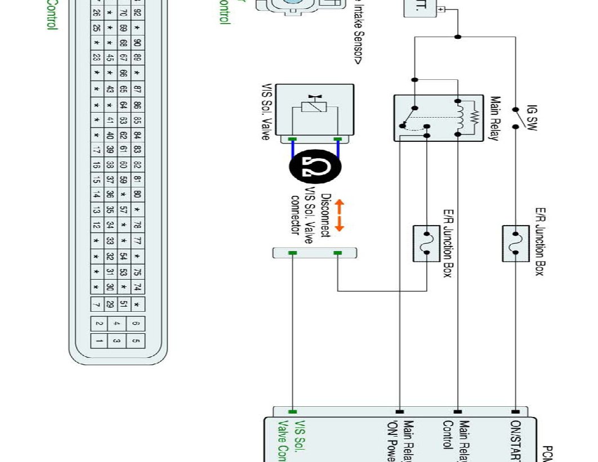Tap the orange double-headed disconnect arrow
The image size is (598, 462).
tap(339, 216)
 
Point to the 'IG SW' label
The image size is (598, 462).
tap(532, 117)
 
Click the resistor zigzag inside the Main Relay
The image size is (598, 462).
tap(474, 118)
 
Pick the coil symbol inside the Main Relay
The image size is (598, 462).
tap(461, 118)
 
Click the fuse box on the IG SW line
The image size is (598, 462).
tap(516, 243)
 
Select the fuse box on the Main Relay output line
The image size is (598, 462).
tap(426, 243)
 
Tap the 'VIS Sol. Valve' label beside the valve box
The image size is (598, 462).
tap(266, 112)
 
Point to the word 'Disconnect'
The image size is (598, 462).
tap(325, 216)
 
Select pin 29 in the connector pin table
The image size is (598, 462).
tap(110, 304)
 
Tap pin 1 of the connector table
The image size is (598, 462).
tap(99, 340)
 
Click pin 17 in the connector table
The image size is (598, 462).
tap(97, 150)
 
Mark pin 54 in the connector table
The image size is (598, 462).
tap(124, 256)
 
